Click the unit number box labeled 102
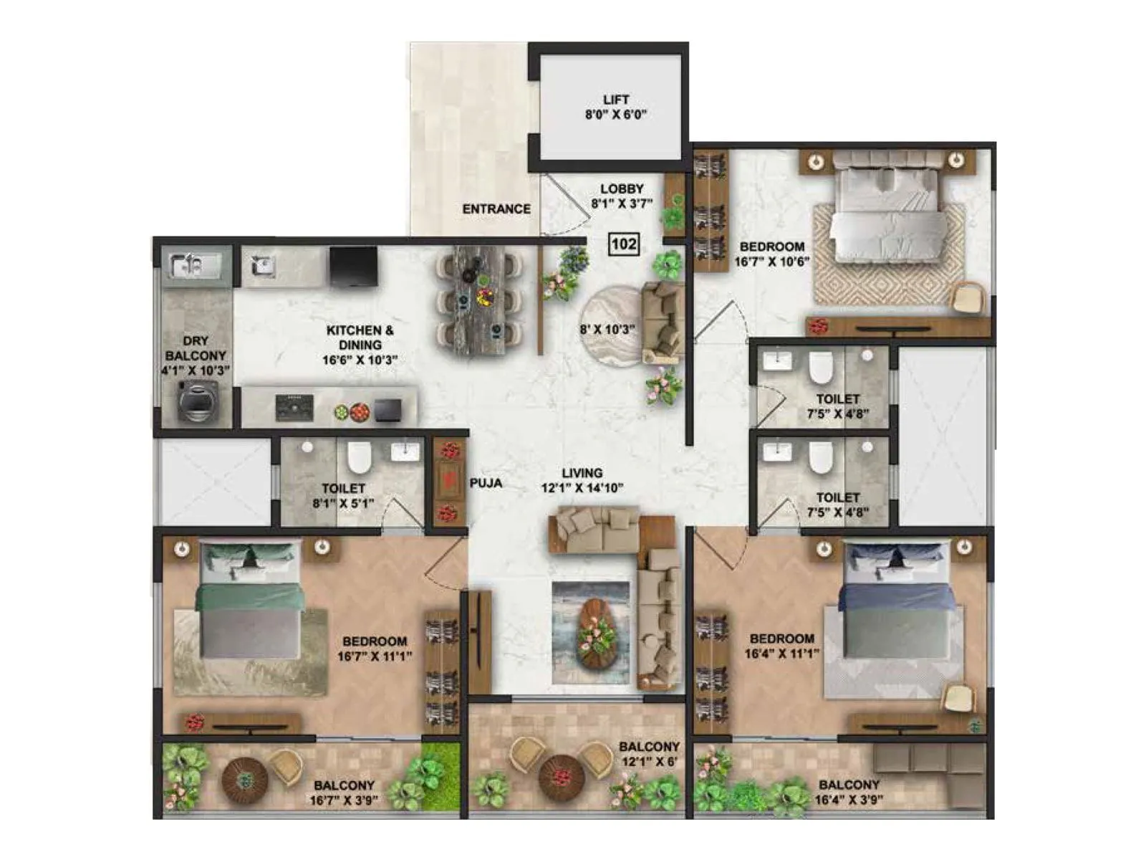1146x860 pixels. point(623,244)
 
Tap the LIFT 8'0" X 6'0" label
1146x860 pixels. point(615,107)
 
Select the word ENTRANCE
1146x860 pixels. point(496,209)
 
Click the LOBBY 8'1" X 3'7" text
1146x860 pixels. point(621,196)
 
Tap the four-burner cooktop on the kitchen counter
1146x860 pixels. point(294,408)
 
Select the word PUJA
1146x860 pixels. point(486,483)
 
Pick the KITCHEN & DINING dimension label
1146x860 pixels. point(360,345)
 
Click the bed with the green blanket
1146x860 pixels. point(249,601)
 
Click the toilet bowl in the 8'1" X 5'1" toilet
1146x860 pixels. point(359,459)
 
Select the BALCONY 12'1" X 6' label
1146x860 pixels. point(649,754)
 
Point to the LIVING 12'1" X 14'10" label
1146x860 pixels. point(582,480)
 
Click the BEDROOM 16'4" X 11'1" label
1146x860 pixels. point(781,646)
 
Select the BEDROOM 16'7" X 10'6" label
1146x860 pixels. point(771,254)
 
